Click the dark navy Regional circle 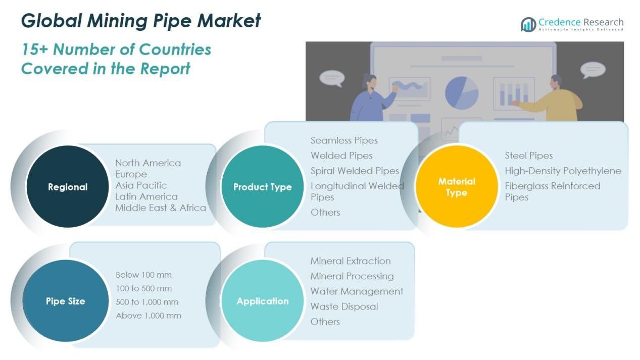click(67, 187)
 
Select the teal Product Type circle click(262, 187)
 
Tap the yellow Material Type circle click(457, 186)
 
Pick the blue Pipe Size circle click(66, 301)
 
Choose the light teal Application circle click(262, 301)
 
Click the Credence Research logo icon click(528, 24)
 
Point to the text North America click(147, 163)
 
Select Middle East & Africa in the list click(160, 208)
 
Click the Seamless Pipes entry click(344, 140)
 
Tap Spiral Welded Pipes click(355, 171)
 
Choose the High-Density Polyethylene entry click(563, 171)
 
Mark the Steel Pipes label click(528, 156)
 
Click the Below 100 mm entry click(143, 275)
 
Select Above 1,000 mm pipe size click(148, 316)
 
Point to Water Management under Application click(357, 291)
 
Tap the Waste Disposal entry click(344, 306)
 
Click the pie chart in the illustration click(462, 92)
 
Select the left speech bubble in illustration click(331, 78)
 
